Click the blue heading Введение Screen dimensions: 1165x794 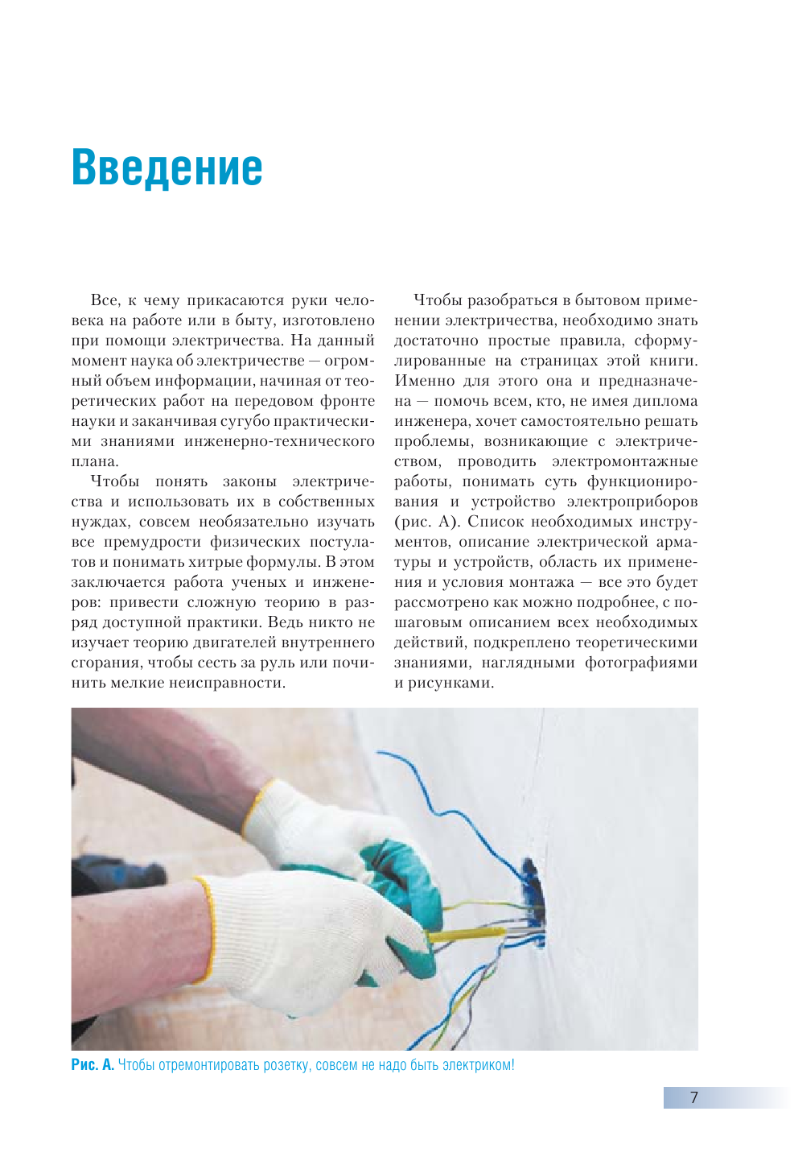[167, 167]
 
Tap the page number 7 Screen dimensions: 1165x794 [694, 1097]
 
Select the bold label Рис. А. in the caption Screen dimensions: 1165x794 [93, 1065]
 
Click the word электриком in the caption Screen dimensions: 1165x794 [477, 1065]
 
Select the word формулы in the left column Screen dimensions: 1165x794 [292, 562]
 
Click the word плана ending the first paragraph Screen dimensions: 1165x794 [93, 461]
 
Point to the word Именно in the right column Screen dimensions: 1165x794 [424, 381]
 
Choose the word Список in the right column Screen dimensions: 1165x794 [497, 522]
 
